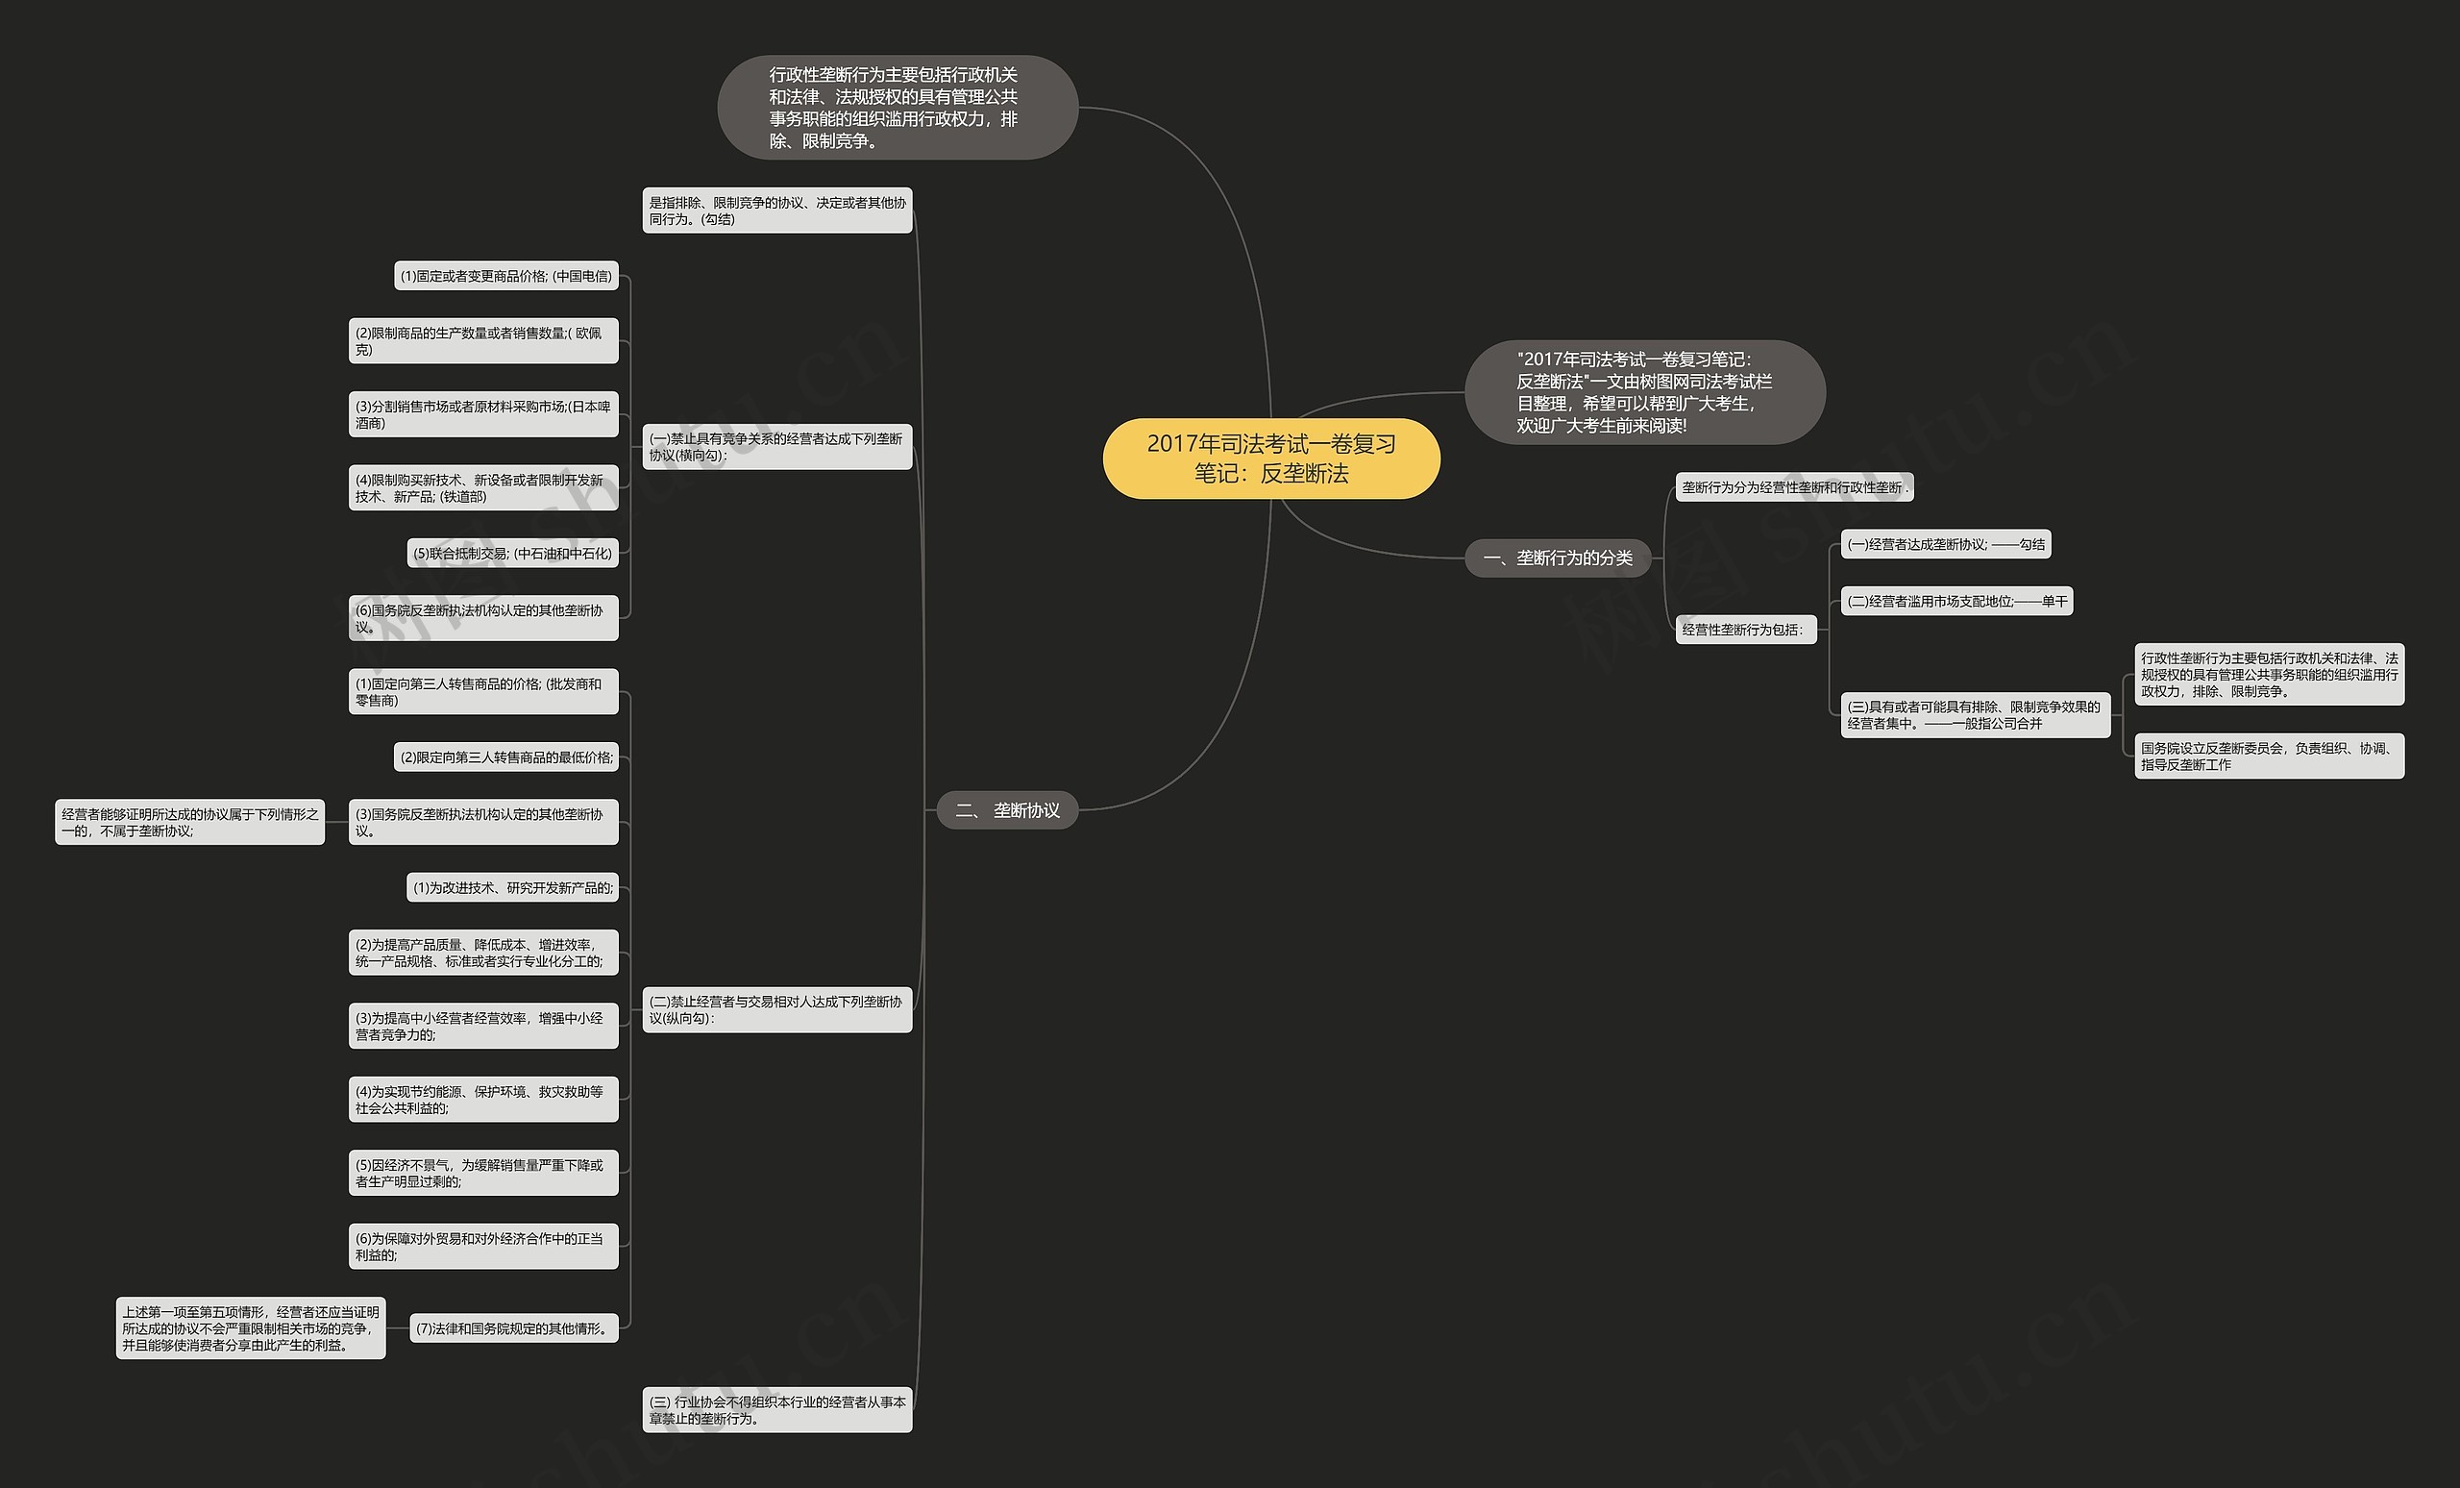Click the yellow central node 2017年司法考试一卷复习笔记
[x=1271, y=459]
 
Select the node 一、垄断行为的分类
[x=1558, y=558]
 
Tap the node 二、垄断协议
[x=1006, y=810]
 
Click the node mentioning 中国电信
[x=506, y=277]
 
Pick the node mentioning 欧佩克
[x=483, y=340]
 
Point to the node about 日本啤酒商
[x=483, y=414]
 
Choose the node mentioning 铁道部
[x=483, y=487]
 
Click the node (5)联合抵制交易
[x=512, y=554]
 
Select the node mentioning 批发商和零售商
[x=483, y=691]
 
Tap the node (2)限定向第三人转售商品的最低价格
[x=506, y=757]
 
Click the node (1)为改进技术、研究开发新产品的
[x=512, y=888]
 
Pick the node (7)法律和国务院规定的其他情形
[x=513, y=1328]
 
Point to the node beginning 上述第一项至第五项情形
[x=251, y=1328]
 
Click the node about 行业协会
[x=776, y=1410]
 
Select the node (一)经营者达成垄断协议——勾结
[x=1945, y=544]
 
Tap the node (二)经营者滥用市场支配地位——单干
[x=1956, y=601]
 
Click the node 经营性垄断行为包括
[x=1744, y=630]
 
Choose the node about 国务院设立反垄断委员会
[x=2269, y=756]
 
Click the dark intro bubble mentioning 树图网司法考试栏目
[x=1644, y=392]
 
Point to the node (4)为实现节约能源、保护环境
[x=483, y=1100]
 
